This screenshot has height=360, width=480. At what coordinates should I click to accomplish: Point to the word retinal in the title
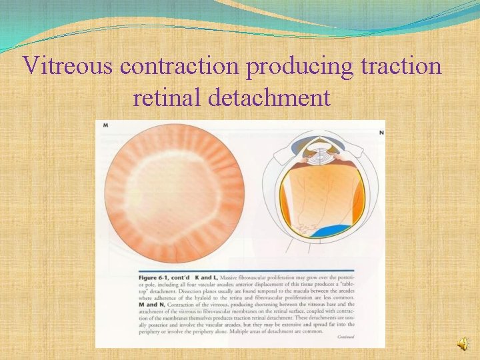point(167,98)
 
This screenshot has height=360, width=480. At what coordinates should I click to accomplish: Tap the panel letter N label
point(381,133)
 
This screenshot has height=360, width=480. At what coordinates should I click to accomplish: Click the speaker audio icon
point(462,343)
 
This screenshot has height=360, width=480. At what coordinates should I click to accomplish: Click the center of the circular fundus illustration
point(171,191)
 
